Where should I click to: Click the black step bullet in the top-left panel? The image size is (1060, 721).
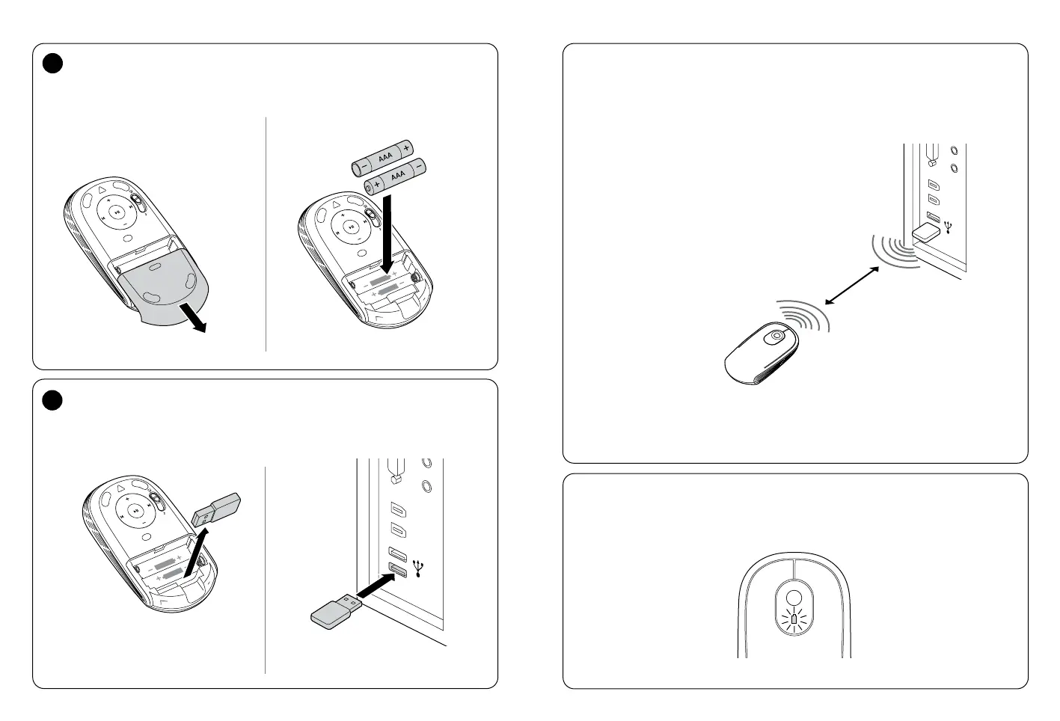coord(51,65)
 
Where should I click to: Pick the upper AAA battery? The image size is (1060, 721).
coord(383,158)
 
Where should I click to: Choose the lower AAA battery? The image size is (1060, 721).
coord(394,176)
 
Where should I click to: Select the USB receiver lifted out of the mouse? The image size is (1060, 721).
coord(216,509)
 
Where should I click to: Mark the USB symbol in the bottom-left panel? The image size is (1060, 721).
coord(417,569)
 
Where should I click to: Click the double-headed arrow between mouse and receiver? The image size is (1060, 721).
coord(851,286)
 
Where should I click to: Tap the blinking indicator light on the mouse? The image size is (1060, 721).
coord(794,620)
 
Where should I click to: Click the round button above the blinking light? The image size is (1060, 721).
coord(794,598)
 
